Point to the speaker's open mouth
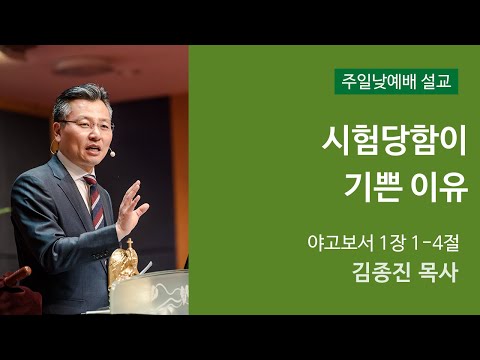click(x=97, y=150)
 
